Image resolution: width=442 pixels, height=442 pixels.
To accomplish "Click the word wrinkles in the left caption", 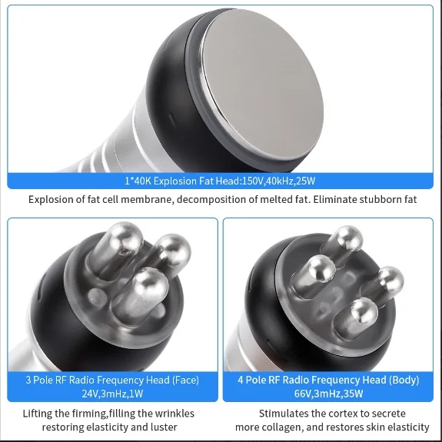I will pos(174,414).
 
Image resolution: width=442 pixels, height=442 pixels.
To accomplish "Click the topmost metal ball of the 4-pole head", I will pos(348,239).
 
